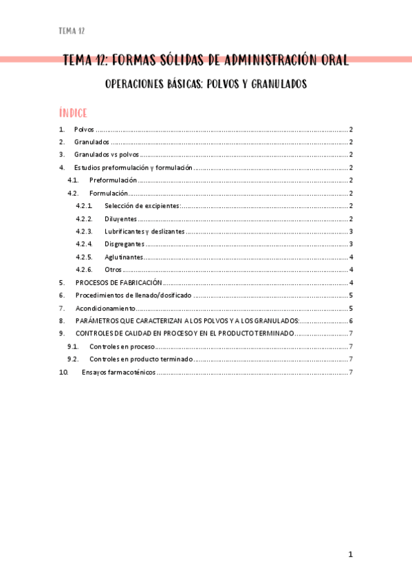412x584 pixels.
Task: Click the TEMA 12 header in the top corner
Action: pos(72,31)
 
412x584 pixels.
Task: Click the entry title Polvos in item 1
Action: pos(83,129)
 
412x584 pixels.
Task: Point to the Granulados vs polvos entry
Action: pos(107,155)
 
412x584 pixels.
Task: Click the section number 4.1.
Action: pos(73,180)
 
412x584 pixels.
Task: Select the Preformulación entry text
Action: pos(113,180)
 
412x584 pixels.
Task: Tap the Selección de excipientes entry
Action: pos(142,206)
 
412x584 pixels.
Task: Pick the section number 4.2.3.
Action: pos(85,231)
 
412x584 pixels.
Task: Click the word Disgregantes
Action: pos(124,244)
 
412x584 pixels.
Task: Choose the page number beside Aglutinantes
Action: pos(351,257)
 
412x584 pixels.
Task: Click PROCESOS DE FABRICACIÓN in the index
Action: pos(118,282)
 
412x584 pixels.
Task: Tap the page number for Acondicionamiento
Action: pos(351,308)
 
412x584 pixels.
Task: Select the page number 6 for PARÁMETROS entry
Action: pos(351,321)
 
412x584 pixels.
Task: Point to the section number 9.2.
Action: pos(73,359)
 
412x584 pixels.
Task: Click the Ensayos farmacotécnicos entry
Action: pos(118,373)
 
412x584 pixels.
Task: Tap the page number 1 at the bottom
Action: pos(350,554)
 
